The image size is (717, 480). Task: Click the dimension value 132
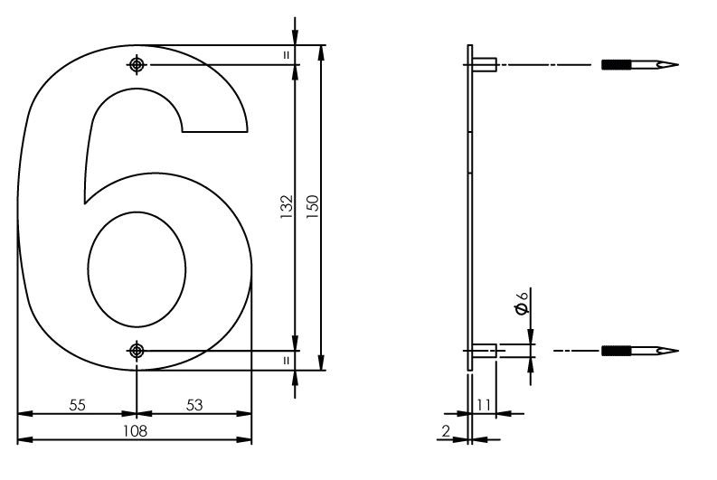coord(286,208)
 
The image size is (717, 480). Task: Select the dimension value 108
coord(135,430)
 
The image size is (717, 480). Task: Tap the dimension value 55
coord(77,405)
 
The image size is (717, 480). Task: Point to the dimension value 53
coord(193,405)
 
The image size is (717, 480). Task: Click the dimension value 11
coord(484,405)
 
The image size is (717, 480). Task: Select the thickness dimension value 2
coord(447,430)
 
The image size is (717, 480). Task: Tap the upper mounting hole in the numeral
coord(137,65)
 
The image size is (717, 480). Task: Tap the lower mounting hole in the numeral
coord(137,350)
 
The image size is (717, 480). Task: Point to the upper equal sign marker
coord(286,55)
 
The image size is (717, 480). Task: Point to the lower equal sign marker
coord(286,360)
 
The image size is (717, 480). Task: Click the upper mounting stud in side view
coord(484,65)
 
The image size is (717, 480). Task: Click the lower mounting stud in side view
coord(484,350)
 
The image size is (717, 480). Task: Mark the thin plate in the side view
coord(470,208)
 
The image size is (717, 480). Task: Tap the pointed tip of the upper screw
coord(673,65)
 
